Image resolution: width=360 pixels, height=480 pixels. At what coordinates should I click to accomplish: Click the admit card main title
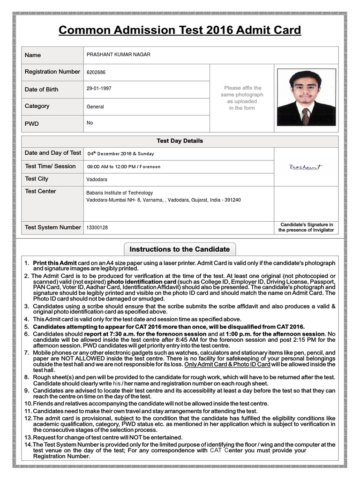(x=180, y=31)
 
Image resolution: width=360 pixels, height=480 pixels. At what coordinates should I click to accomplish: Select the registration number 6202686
(x=96, y=73)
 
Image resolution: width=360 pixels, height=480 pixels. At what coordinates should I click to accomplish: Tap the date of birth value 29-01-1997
(x=99, y=88)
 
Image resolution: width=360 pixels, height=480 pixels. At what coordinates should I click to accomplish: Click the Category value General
(x=95, y=106)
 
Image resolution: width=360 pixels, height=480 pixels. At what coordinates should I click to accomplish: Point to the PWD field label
(x=32, y=124)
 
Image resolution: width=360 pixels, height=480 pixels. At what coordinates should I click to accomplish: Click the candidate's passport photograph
(x=306, y=97)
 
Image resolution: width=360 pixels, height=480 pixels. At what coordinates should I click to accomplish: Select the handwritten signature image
(x=306, y=167)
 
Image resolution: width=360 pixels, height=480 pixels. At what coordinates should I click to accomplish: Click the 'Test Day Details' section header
(x=180, y=141)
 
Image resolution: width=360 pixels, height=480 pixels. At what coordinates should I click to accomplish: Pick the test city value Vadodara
(x=97, y=180)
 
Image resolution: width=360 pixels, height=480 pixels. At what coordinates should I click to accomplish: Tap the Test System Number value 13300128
(x=97, y=228)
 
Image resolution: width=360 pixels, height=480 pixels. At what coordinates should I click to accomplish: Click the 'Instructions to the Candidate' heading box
(x=180, y=249)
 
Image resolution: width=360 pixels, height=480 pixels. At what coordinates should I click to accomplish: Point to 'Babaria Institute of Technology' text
(x=120, y=193)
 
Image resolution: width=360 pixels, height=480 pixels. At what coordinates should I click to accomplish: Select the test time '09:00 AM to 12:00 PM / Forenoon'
(x=124, y=167)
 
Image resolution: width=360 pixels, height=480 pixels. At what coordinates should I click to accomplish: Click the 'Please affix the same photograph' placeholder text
(x=242, y=97)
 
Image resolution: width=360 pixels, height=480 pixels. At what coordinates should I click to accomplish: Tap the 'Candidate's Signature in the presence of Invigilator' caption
(x=306, y=227)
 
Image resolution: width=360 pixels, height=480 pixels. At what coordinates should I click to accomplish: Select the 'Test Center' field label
(x=40, y=191)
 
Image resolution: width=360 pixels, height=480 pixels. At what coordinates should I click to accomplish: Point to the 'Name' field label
(x=33, y=55)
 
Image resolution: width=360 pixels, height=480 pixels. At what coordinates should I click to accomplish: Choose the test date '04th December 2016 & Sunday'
(x=120, y=154)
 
